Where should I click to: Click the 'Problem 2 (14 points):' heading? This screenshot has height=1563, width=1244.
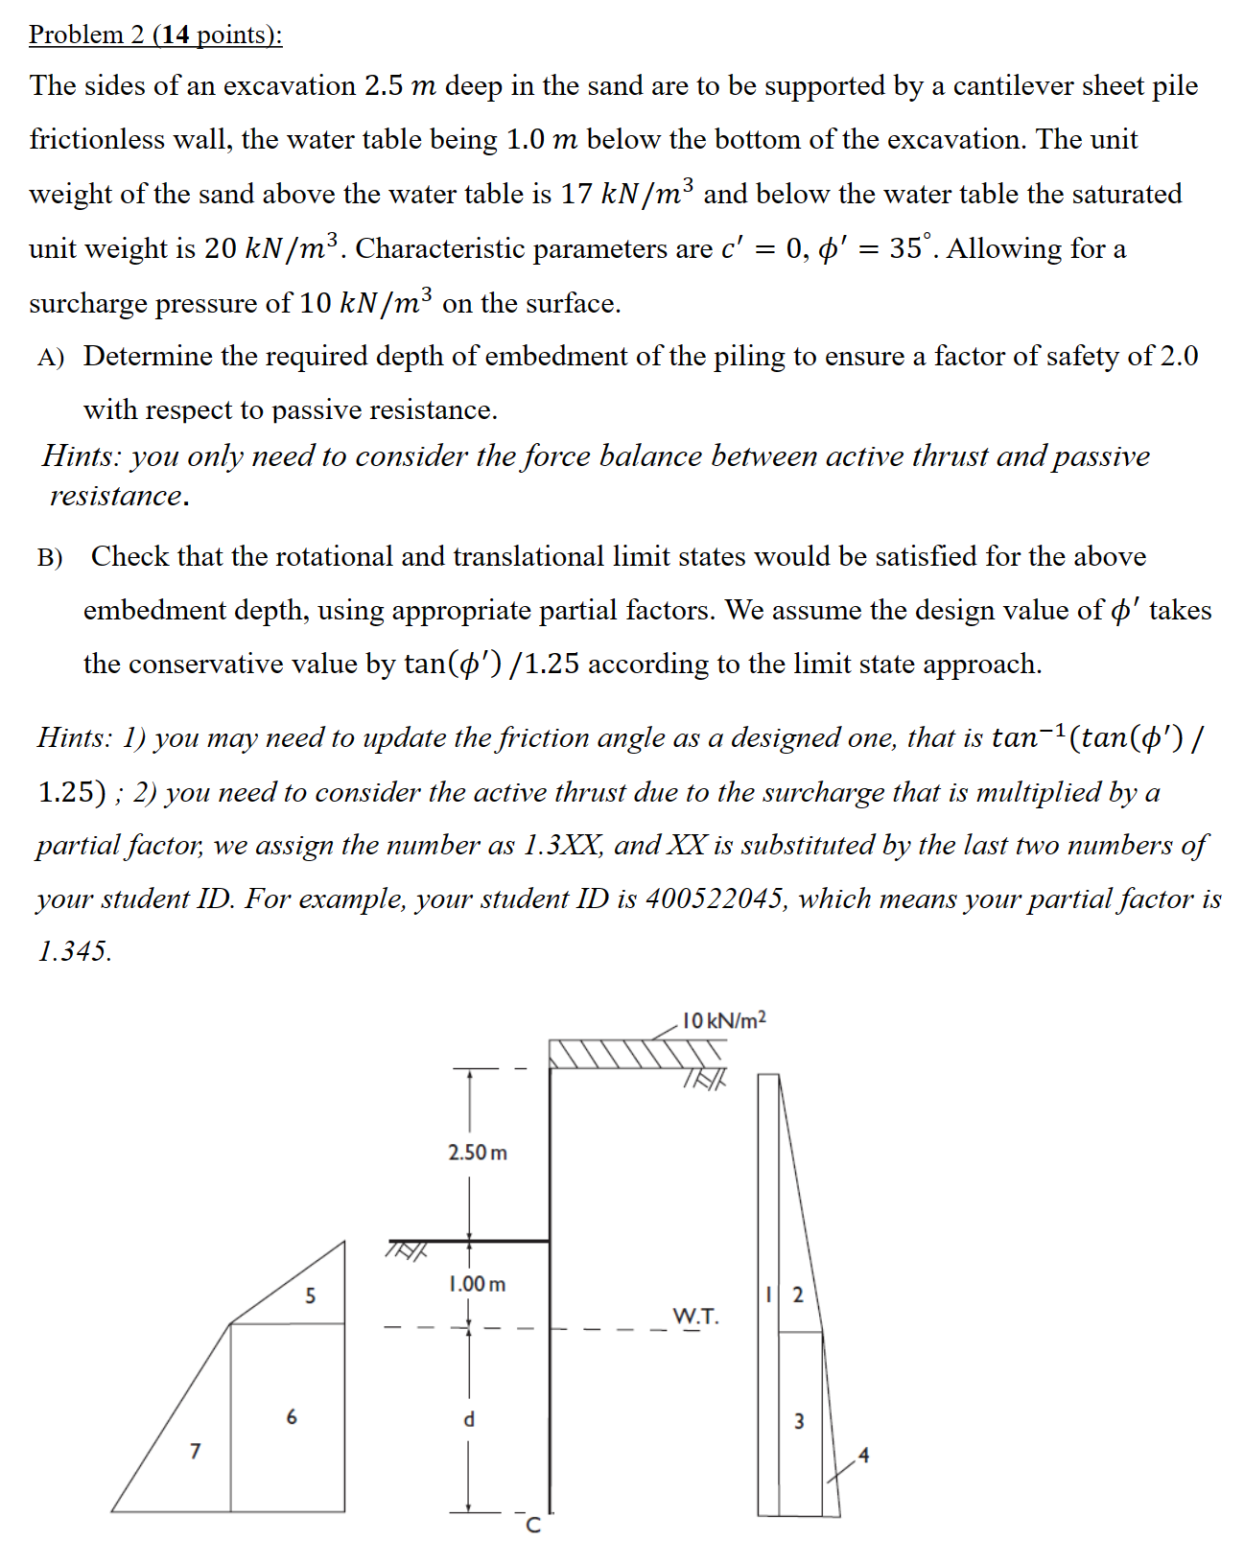(x=155, y=35)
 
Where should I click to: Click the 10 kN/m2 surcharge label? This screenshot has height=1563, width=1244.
(x=723, y=1019)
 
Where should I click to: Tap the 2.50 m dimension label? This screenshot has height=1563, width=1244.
(x=477, y=1152)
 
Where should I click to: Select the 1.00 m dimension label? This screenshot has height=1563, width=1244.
(x=477, y=1283)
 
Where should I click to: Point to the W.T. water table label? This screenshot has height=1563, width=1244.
(x=695, y=1316)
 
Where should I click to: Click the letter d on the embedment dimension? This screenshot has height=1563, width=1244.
(x=469, y=1418)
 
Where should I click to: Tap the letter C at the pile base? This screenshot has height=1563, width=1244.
(x=534, y=1526)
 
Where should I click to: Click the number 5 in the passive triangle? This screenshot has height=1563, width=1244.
(x=310, y=1295)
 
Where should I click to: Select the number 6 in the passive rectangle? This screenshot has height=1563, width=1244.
(x=292, y=1415)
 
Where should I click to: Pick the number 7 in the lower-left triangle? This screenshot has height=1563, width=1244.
(x=196, y=1451)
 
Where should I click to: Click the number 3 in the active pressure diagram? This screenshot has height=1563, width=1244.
(x=799, y=1420)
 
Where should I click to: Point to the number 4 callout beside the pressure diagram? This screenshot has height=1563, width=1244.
(x=863, y=1456)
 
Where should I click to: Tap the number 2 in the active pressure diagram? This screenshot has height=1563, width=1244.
(x=798, y=1295)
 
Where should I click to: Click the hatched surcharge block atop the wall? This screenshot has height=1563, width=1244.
(x=623, y=1053)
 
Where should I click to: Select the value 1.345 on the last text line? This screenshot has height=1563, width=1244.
(x=74, y=951)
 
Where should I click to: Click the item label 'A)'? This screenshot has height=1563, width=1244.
(x=51, y=358)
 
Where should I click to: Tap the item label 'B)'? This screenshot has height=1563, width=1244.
(x=50, y=557)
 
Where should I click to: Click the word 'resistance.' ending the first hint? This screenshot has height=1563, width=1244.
(x=119, y=496)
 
